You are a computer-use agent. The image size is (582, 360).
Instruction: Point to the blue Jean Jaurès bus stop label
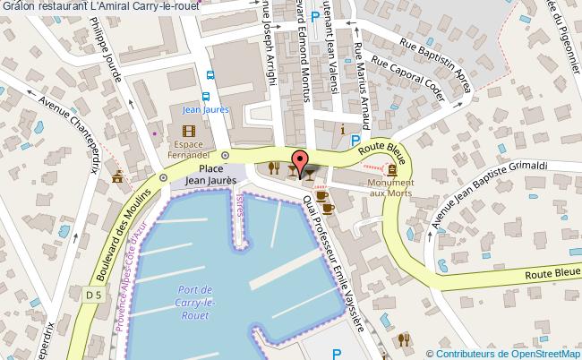coord(205,110)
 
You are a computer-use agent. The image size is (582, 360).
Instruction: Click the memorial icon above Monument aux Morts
coord(392,169)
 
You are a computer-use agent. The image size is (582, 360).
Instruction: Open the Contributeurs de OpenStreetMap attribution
coord(506,354)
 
